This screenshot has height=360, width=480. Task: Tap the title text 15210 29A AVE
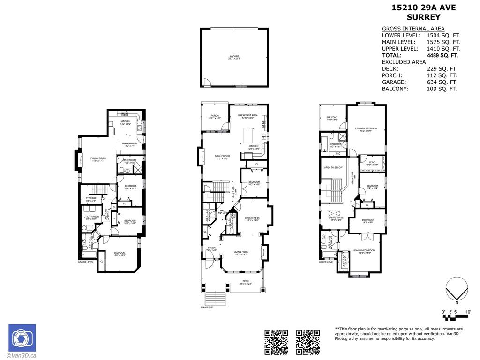416,7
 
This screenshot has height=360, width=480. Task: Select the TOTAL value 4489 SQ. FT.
442,55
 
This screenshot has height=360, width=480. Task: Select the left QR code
276,342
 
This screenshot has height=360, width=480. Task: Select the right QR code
308,342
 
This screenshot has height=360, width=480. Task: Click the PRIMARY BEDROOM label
366,129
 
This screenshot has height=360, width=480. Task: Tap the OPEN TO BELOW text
333,167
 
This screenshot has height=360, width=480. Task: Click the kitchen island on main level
249,135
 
